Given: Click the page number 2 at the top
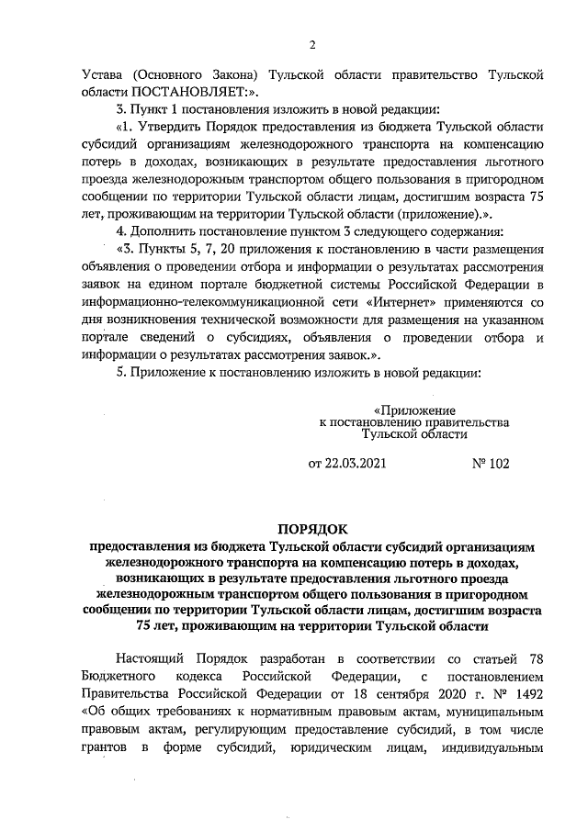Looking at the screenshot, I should (x=311, y=45).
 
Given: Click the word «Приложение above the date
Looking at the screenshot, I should (x=412, y=409).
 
